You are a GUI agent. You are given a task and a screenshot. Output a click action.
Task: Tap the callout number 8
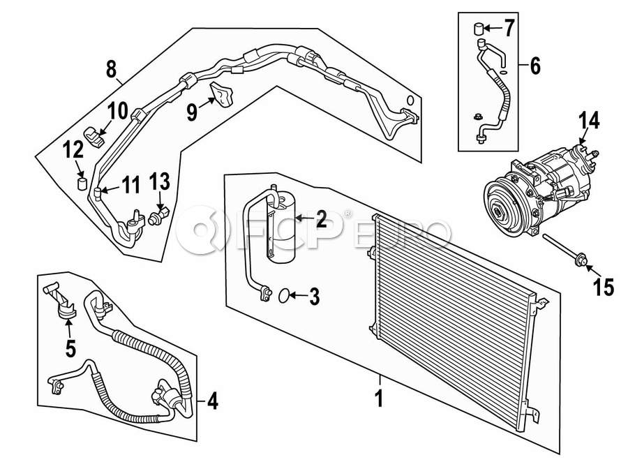click(x=112, y=68)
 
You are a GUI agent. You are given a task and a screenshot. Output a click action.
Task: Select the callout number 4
click(x=213, y=401)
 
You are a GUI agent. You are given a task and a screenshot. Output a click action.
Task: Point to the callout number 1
click(x=378, y=398)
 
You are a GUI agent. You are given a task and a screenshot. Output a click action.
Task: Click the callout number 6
click(x=535, y=66)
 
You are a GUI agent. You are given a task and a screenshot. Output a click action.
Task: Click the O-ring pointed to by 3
click(x=283, y=296)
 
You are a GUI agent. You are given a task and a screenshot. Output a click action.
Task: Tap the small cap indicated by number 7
click(x=477, y=29)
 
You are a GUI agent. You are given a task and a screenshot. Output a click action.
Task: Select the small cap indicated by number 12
click(x=82, y=184)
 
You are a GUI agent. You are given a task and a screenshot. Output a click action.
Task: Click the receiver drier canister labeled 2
click(x=281, y=228)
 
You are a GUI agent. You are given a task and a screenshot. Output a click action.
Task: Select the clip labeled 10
click(x=95, y=137)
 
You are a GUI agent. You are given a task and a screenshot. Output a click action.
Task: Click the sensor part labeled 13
click(x=160, y=215)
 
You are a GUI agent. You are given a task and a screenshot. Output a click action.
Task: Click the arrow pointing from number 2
click(x=305, y=218)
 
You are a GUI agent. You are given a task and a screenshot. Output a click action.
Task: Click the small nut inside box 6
click(x=477, y=117)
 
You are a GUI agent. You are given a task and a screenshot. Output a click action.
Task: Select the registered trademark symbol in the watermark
click(x=347, y=213)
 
